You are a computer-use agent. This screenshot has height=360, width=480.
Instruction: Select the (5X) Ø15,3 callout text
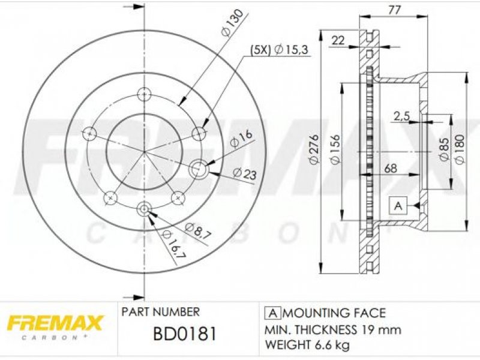278,50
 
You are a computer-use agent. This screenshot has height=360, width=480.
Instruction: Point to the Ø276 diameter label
314,149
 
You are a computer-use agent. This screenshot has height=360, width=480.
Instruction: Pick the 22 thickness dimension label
338,40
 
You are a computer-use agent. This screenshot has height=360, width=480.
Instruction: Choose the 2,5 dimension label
401,116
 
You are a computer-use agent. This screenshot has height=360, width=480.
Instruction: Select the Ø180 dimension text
460,149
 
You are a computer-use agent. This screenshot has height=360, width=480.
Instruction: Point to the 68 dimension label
391,168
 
